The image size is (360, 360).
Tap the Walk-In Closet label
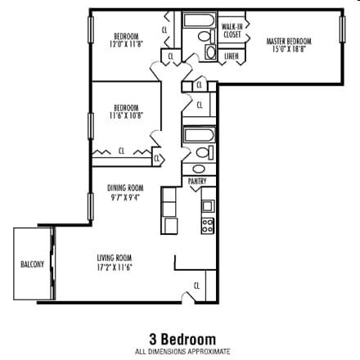232,32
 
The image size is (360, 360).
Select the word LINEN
232,56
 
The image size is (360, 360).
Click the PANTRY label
197,181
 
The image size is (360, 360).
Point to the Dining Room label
125,191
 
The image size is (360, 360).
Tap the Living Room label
115,263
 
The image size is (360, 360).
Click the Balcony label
32,264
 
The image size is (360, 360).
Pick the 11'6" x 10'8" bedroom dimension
125,115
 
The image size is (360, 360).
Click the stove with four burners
208,224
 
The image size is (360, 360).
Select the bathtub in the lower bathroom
199,135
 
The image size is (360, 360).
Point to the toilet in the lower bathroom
202,153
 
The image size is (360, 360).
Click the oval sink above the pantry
199,169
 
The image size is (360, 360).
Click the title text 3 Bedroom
182,339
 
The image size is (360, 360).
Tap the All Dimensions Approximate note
182,352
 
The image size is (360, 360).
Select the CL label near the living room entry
196,286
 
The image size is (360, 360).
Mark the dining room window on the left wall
88,205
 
